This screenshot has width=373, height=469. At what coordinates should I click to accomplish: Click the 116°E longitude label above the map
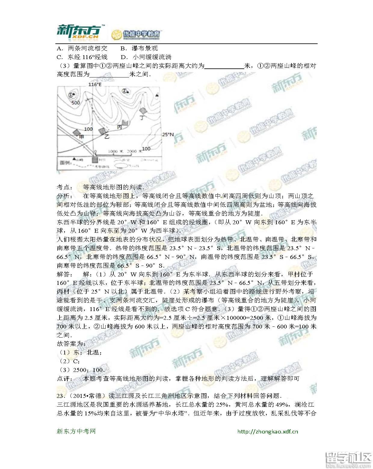[95, 84]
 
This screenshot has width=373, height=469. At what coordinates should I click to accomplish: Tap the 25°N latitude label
[168, 134]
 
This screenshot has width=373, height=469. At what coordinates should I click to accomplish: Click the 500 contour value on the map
[76, 103]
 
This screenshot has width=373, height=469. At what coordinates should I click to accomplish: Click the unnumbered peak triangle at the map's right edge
[156, 95]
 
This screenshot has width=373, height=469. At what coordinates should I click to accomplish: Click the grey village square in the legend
[95, 160]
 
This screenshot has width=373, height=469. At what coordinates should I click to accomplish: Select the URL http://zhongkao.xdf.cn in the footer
[267, 431]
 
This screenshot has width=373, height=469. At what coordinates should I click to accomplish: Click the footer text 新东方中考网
[76, 431]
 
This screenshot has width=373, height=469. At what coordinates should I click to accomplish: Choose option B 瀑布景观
[139, 48]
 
